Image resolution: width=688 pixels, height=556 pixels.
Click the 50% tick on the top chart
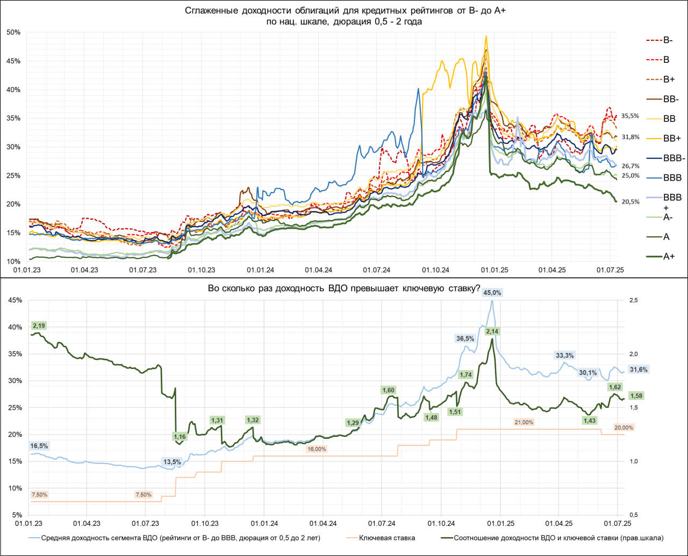pyautogui.click(x=13, y=32)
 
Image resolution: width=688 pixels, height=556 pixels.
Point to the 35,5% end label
pyautogui.click(x=630, y=115)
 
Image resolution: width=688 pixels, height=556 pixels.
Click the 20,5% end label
pyautogui.click(x=630, y=202)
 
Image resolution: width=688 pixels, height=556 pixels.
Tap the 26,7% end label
pyautogui.click(x=630, y=166)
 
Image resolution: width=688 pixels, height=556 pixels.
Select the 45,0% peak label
pyautogui.click(x=492, y=293)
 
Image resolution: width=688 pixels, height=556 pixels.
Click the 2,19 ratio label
pyautogui.click(x=39, y=326)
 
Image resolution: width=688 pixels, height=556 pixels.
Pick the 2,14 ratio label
pyautogui.click(x=492, y=331)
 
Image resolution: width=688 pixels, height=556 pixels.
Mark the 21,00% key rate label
pyautogui.click(x=524, y=422)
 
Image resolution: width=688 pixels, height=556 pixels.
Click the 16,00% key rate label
pyautogui.click(x=317, y=449)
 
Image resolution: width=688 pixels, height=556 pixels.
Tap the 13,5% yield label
pyautogui.click(x=172, y=461)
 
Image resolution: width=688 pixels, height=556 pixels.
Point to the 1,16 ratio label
pyautogui.click(x=180, y=437)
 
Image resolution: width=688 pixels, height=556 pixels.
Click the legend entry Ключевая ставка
pyautogui.click(x=386, y=537)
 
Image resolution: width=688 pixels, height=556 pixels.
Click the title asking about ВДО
pyautogui.click(x=344, y=288)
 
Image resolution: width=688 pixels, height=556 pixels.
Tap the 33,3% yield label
pyautogui.click(x=564, y=355)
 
